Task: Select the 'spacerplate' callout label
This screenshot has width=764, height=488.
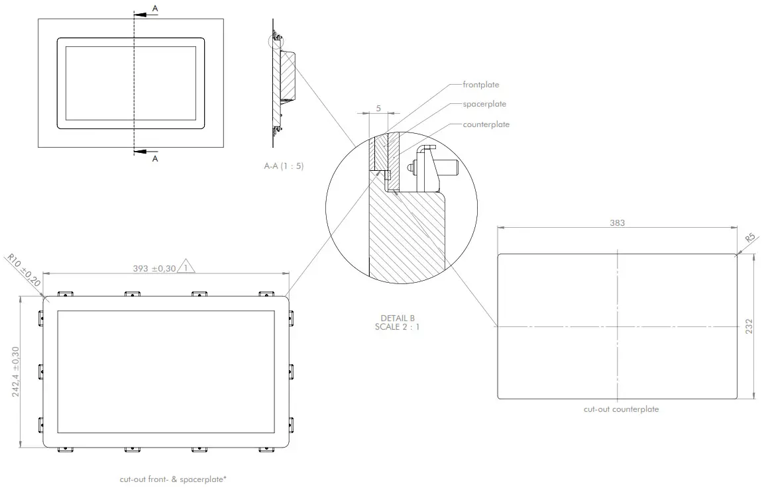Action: tap(484, 104)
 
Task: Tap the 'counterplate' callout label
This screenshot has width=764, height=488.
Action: tap(486, 124)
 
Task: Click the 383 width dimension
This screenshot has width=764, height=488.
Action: tap(617, 223)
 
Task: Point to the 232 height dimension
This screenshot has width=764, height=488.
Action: tap(749, 326)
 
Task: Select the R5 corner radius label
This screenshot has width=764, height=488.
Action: tap(750, 238)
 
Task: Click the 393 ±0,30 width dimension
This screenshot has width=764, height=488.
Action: tap(154, 268)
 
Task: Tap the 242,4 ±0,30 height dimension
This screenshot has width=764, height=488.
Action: tap(16, 371)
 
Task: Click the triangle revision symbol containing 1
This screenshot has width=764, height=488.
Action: tap(188, 268)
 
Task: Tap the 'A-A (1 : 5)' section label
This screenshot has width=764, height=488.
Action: tap(284, 166)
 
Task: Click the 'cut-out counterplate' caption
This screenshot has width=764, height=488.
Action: tap(621, 409)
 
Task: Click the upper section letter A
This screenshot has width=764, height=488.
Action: tap(155, 8)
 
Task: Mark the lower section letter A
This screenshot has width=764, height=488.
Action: tap(155, 159)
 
